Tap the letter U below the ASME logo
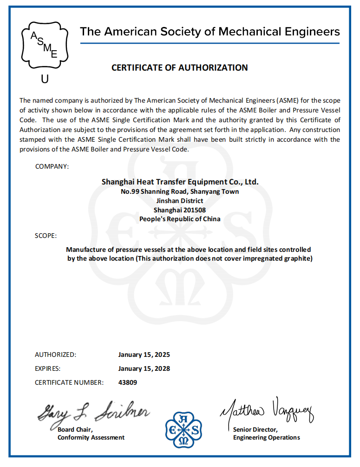point(45,79)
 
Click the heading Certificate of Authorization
point(179,68)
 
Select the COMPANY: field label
point(52,166)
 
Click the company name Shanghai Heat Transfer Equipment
point(180,182)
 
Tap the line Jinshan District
point(180,201)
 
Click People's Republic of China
point(180,219)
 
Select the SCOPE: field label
point(46,236)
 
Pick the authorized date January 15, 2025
point(144,355)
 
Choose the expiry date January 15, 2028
point(144,368)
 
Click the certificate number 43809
point(128,382)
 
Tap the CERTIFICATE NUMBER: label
point(69,382)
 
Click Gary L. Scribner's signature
point(93,412)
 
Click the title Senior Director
point(255,429)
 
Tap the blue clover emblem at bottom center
point(184,430)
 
